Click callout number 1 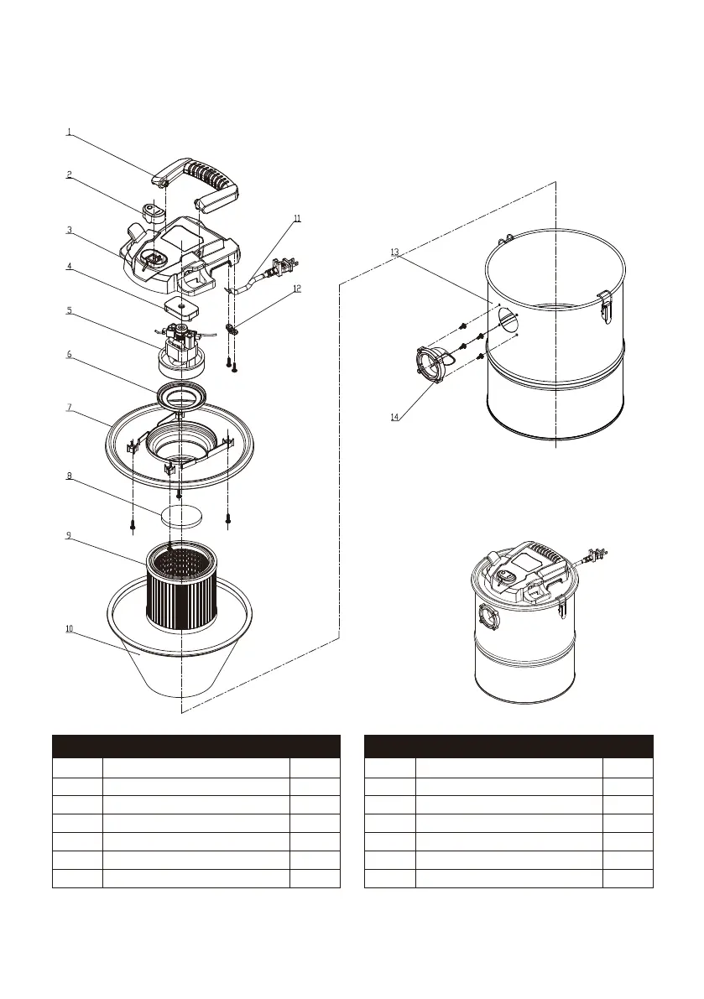[x=69, y=132]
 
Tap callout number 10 [x=70, y=628]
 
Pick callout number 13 [x=394, y=251]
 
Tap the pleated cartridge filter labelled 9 [x=182, y=587]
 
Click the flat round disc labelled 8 [x=182, y=515]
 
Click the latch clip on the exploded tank [x=604, y=304]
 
